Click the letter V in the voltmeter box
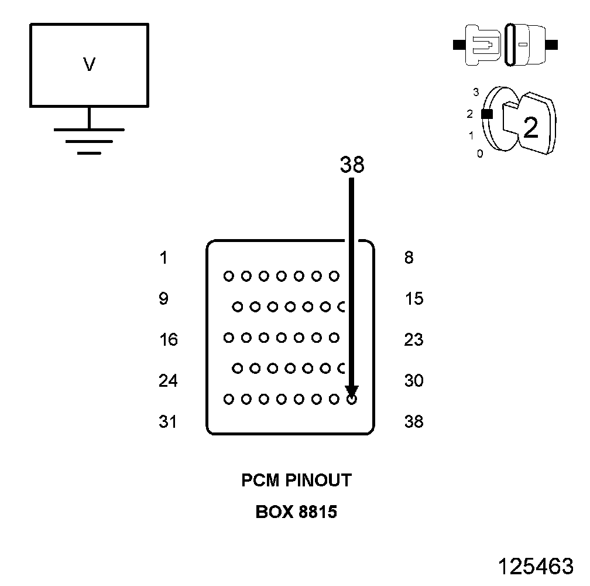click(89, 64)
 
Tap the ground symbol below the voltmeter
click(89, 140)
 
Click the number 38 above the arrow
click(352, 166)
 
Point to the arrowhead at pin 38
click(351, 391)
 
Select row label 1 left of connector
click(163, 257)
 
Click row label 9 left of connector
click(163, 299)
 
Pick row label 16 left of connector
click(168, 340)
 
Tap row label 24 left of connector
click(168, 381)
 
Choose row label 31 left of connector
click(168, 422)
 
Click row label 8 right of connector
click(409, 257)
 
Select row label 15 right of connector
click(414, 299)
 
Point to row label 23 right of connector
click(414, 340)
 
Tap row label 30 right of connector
click(414, 381)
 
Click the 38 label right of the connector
click(414, 422)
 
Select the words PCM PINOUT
click(297, 481)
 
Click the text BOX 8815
click(297, 512)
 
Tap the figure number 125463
click(536, 566)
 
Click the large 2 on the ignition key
click(530, 128)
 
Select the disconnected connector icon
click(506, 45)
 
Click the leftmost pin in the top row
click(228, 275)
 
